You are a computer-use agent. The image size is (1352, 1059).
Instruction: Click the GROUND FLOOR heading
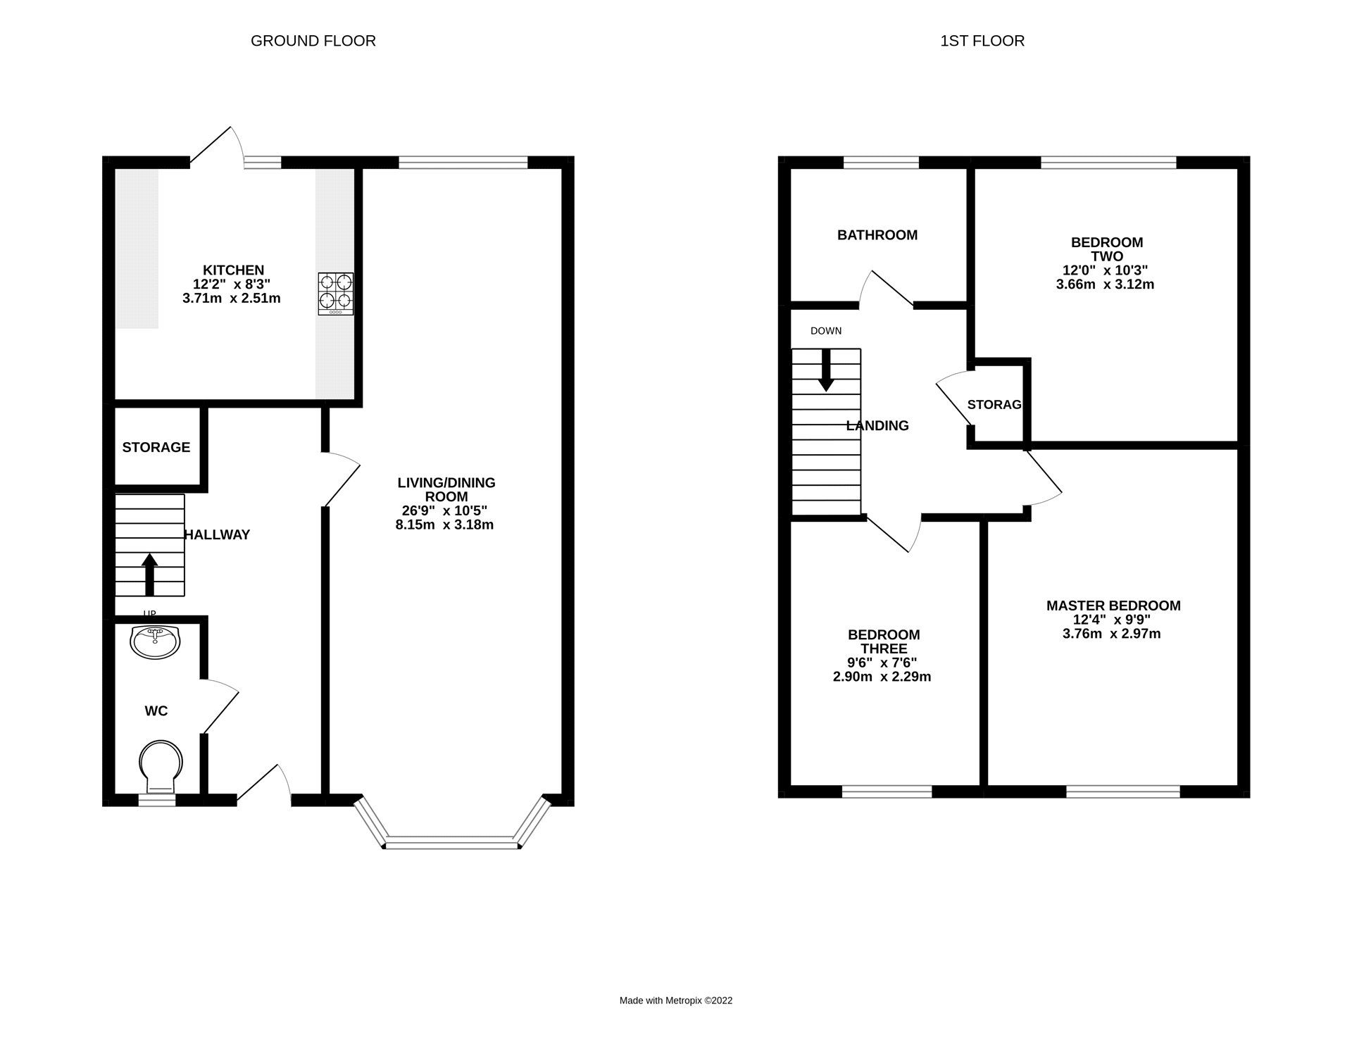point(313,41)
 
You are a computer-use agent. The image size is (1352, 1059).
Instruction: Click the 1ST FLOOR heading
point(982,41)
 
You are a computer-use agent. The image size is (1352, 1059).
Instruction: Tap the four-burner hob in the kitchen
point(335,293)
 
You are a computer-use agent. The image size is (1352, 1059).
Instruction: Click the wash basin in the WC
point(155,641)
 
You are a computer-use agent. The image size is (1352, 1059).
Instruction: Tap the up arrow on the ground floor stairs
point(149,574)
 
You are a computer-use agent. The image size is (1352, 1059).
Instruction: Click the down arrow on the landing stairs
point(825,370)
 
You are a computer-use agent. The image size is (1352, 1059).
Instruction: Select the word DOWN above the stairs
point(825,331)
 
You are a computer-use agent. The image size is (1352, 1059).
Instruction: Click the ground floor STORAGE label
point(156,447)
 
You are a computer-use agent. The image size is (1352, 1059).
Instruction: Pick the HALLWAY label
point(218,535)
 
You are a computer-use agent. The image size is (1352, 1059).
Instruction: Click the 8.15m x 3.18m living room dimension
point(444,525)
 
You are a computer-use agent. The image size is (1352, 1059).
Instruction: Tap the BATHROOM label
point(877,235)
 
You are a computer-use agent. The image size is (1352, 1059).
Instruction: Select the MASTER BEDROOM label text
point(1113,606)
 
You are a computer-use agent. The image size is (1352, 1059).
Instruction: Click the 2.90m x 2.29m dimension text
point(882,677)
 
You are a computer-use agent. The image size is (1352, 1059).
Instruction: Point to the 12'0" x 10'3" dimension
point(1105,270)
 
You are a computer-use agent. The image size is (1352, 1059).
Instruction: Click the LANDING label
point(877,425)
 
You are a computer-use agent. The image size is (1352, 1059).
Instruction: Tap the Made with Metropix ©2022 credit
point(675,1001)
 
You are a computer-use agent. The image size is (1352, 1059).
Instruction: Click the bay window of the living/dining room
point(451,841)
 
